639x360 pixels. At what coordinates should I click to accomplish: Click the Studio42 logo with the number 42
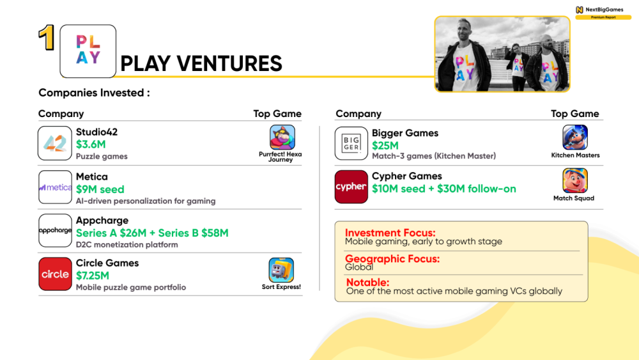(55, 143)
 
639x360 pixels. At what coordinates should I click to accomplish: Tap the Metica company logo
(55, 187)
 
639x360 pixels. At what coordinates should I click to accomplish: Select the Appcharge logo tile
(55, 230)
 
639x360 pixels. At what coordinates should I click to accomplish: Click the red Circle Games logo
(55, 274)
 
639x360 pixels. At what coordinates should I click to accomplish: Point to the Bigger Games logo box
(351, 143)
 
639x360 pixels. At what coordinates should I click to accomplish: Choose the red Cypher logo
(351, 187)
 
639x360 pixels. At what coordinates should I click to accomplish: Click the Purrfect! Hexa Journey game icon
(282, 137)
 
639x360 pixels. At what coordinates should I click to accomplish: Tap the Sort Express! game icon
(281, 270)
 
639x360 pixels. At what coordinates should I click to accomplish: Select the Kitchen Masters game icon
(575, 137)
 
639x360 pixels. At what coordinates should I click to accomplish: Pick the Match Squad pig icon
(575, 180)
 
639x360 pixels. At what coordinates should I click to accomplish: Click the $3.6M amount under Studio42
(91, 145)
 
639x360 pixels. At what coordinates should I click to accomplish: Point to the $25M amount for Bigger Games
(385, 146)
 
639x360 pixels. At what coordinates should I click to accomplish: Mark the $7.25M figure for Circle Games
(93, 276)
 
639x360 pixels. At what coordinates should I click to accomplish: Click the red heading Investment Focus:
(390, 232)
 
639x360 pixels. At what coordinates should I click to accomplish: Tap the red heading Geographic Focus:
(392, 258)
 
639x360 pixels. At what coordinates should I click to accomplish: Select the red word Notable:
(367, 282)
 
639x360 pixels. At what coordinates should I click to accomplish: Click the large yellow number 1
(47, 38)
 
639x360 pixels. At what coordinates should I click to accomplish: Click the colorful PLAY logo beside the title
(88, 51)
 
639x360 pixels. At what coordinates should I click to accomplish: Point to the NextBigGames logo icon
(580, 10)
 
